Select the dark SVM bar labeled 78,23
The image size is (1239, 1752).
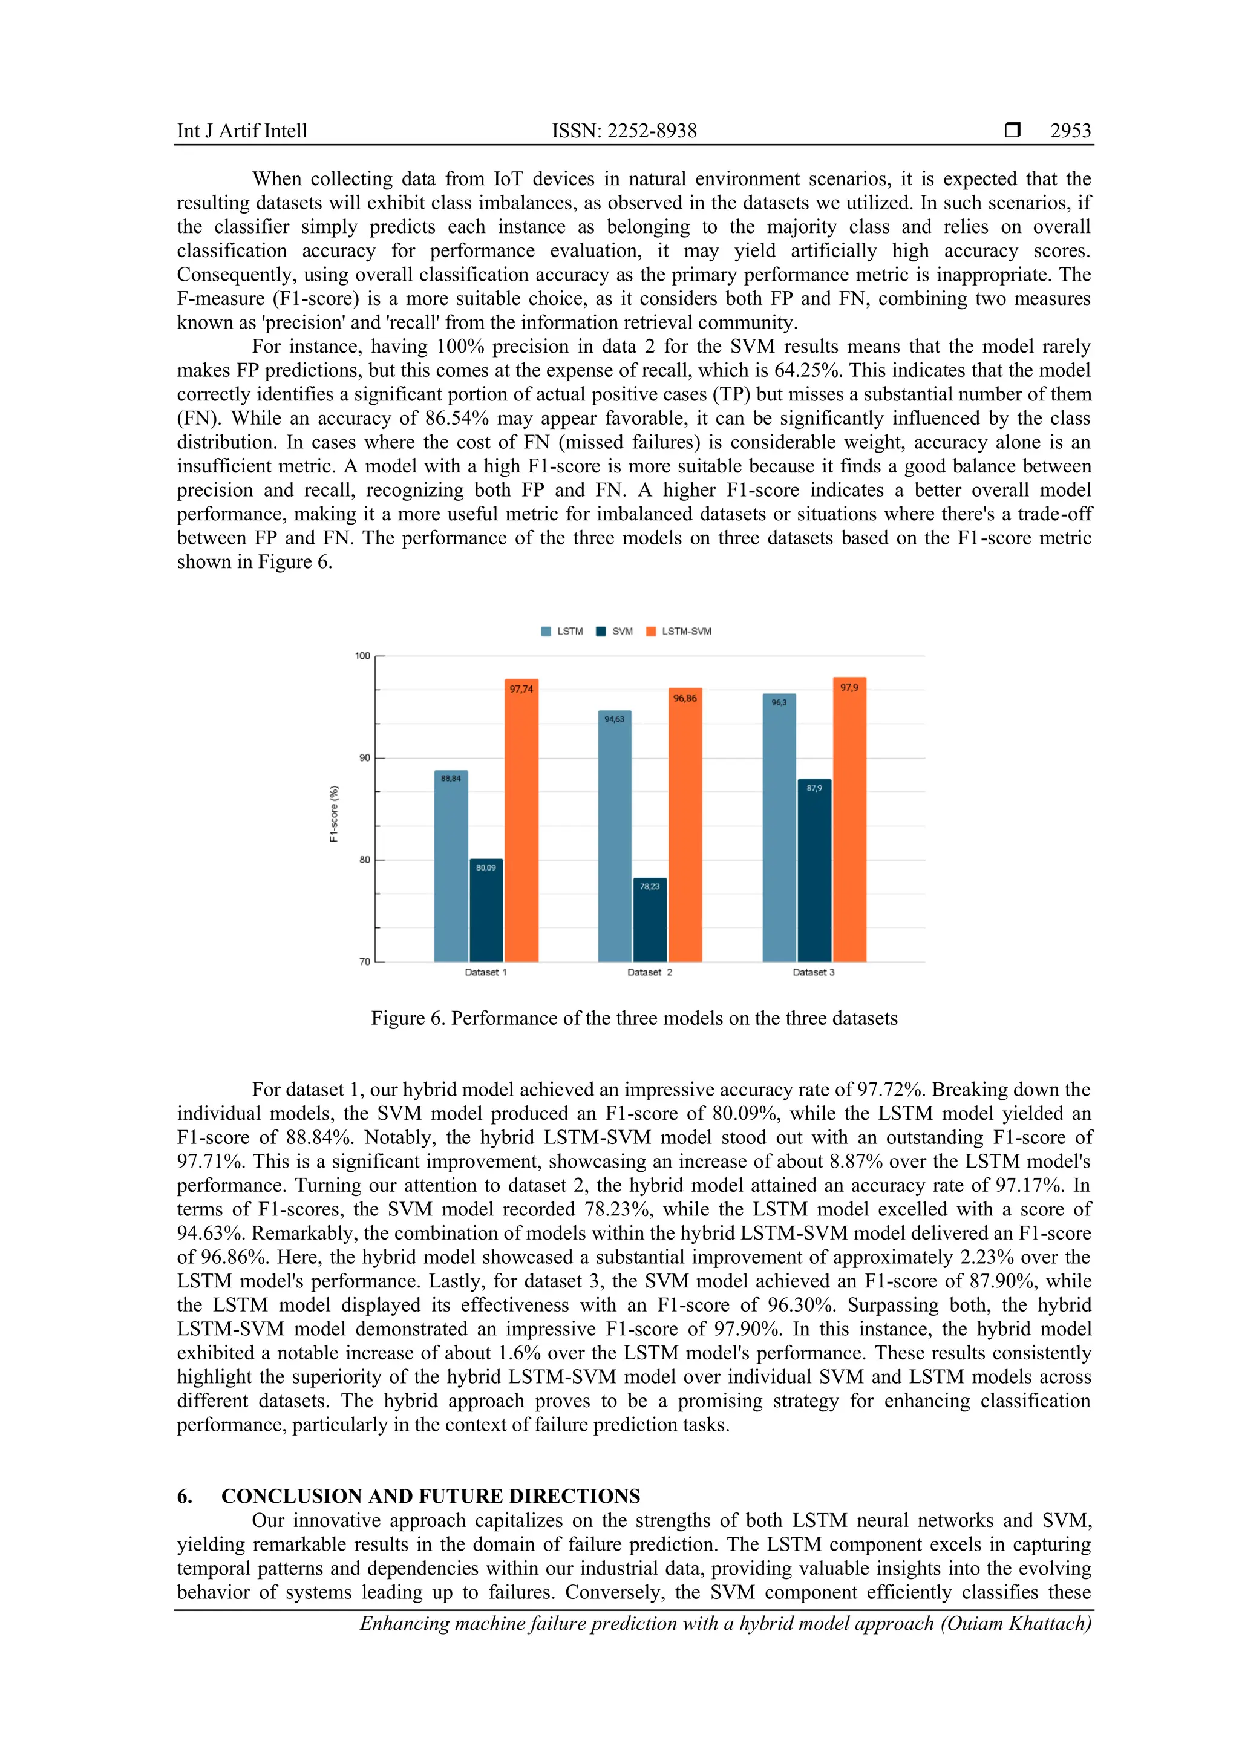click(x=650, y=920)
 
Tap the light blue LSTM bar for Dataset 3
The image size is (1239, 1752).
click(x=779, y=828)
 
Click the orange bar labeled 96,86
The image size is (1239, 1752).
click(x=685, y=824)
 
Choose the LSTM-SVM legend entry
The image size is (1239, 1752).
click(x=679, y=631)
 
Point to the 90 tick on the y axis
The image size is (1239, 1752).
click(x=364, y=757)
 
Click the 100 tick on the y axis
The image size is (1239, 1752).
click(x=362, y=655)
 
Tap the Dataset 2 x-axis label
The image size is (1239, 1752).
click(x=649, y=972)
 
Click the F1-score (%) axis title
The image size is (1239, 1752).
click(x=333, y=814)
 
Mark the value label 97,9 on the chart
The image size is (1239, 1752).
click(x=849, y=687)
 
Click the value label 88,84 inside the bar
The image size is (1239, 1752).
click(x=451, y=779)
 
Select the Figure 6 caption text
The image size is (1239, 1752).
click(x=634, y=1018)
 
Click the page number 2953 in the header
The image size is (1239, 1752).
click(x=1070, y=131)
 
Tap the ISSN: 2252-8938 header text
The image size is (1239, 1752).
click(x=624, y=131)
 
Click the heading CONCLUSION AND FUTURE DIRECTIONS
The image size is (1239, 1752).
click(x=430, y=1495)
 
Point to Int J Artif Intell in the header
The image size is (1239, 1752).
click(x=242, y=131)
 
